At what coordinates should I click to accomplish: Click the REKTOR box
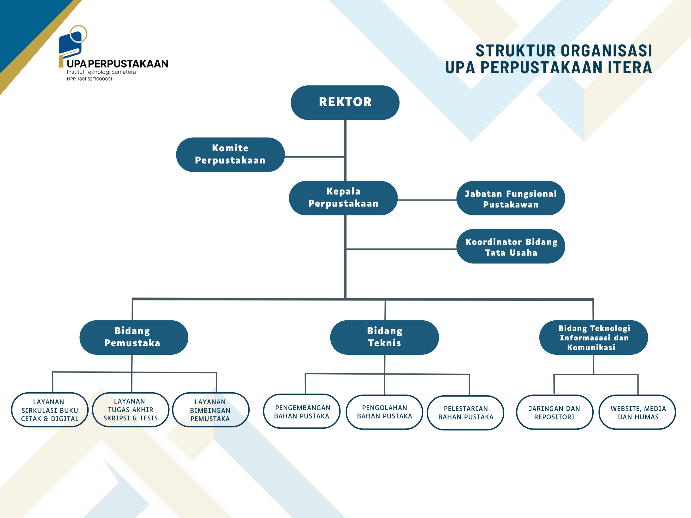[345, 102]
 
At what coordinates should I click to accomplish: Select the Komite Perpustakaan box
[230, 154]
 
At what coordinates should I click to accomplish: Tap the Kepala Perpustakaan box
[343, 198]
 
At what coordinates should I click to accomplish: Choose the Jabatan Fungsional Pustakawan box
[511, 198]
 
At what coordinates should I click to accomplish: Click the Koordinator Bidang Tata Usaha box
[511, 246]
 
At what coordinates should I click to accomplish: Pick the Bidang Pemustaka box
[134, 337]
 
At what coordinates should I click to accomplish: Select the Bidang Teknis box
[385, 337]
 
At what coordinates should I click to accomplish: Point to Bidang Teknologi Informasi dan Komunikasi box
[594, 337]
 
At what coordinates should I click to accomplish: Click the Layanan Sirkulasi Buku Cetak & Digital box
[50, 410]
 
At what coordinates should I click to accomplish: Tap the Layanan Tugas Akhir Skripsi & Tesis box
[131, 410]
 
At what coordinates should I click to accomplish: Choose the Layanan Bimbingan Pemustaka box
[211, 410]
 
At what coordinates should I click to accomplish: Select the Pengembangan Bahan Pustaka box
[302, 411]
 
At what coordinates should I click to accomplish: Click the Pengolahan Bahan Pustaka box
[385, 412]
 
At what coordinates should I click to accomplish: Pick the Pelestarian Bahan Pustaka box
[465, 413]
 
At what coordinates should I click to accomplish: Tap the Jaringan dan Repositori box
[554, 412]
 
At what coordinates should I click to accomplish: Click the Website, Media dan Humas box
[637, 412]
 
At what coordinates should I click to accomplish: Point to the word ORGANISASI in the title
[606, 51]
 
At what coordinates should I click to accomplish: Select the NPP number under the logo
[89, 79]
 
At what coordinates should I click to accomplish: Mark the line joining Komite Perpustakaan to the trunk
[314, 157]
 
